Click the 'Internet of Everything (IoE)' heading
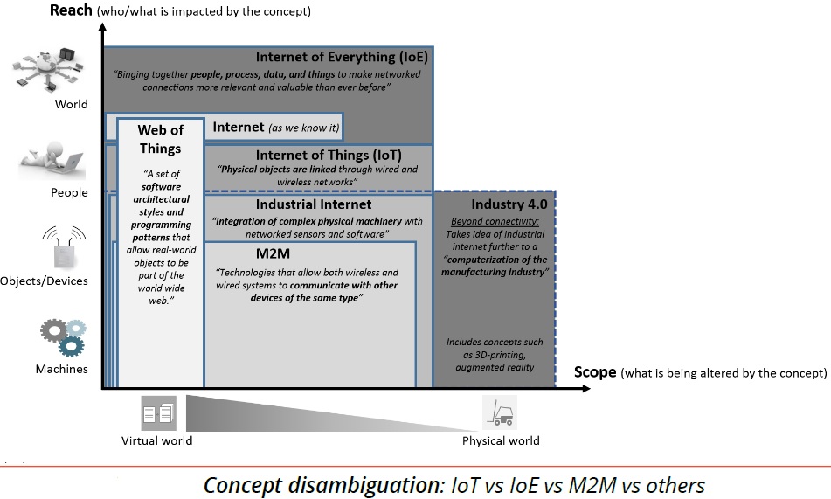tap(342, 57)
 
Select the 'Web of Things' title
tap(160, 139)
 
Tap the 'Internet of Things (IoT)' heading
tap(329, 155)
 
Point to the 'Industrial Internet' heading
tap(313, 204)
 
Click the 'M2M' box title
tap(273, 253)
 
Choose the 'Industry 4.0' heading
tap(509, 204)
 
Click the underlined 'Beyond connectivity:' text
tap(495, 222)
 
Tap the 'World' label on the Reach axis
tap(72, 104)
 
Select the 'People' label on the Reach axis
tap(69, 192)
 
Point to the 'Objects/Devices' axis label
tap(44, 281)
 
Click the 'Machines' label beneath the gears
tap(61, 369)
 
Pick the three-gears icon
tap(64, 337)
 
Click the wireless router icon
tap(65, 247)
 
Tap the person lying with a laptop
tap(52, 161)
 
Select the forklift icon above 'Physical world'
tap(500, 412)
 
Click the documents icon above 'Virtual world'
tap(158, 413)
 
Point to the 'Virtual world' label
tap(157, 440)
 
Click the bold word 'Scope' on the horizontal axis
tap(595, 372)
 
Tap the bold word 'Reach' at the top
tap(71, 10)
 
